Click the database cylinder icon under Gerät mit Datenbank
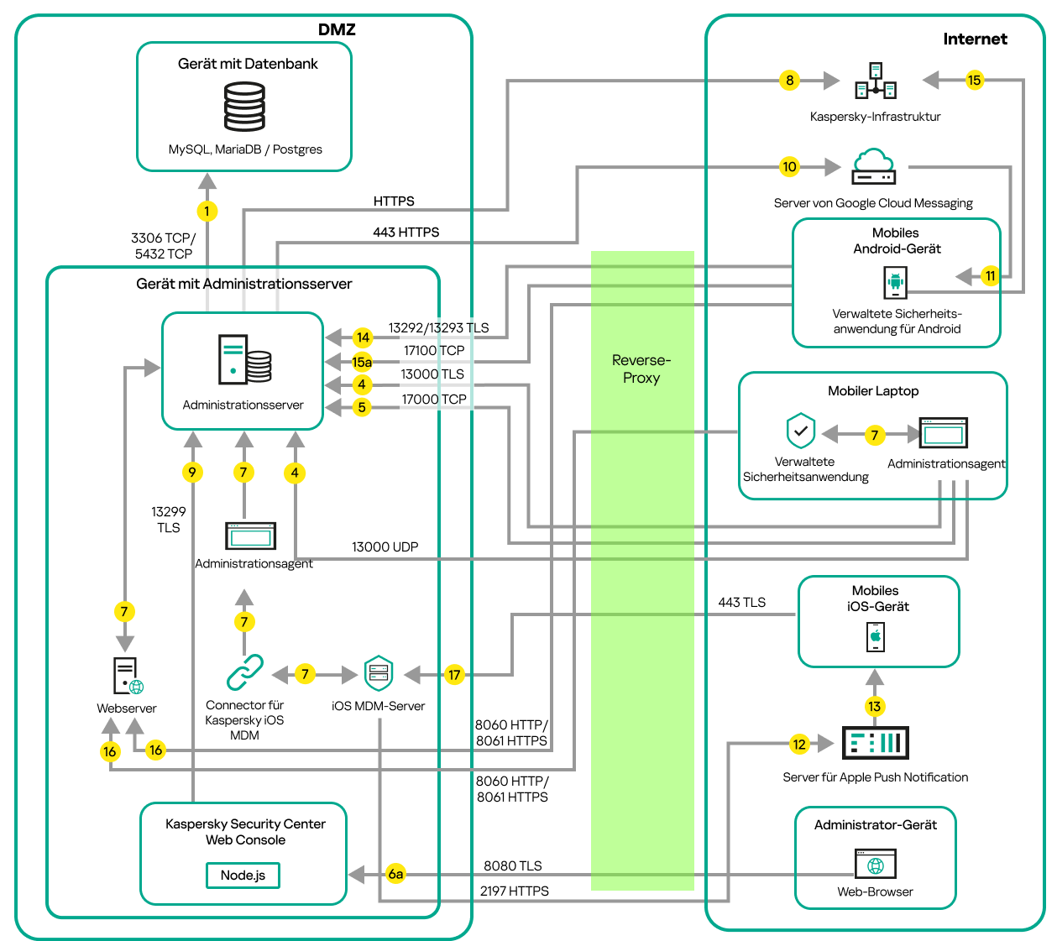click(x=244, y=106)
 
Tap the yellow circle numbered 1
click(x=207, y=211)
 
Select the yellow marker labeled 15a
click(x=362, y=362)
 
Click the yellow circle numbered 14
click(x=363, y=337)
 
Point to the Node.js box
click(x=243, y=875)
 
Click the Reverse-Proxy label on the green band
click(x=641, y=369)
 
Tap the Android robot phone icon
click(x=896, y=282)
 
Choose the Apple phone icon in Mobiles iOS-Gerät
click(x=876, y=636)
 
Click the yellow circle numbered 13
click(x=875, y=706)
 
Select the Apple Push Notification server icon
click(x=875, y=743)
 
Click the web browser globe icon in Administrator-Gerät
click(x=876, y=864)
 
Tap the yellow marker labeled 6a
click(x=395, y=874)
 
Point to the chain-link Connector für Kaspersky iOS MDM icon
click(x=244, y=672)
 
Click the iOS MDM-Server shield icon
click(x=379, y=673)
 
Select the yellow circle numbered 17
click(x=454, y=674)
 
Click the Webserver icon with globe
click(x=127, y=676)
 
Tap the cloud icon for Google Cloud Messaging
click(x=874, y=166)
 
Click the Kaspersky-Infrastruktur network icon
click(x=876, y=81)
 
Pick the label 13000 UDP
click(x=385, y=546)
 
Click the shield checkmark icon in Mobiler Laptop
click(x=801, y=431)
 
